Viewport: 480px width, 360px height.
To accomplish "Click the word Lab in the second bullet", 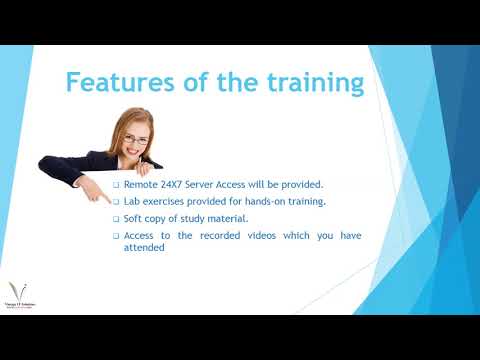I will (x=133, y=202).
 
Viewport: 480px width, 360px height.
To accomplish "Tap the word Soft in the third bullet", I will (x=135, y=219).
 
